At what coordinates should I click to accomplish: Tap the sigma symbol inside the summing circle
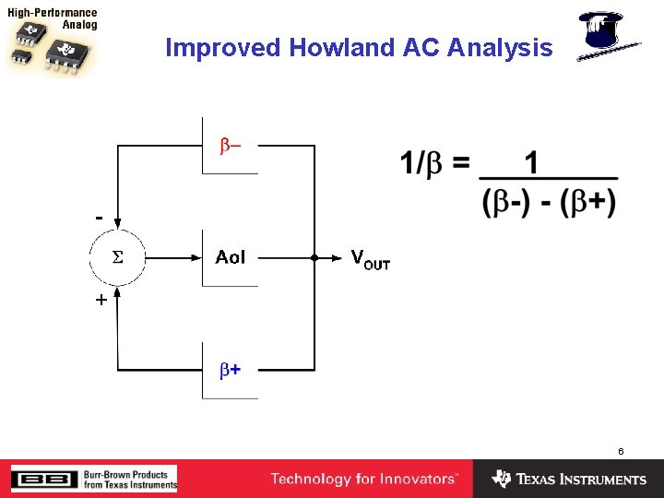(117, 258)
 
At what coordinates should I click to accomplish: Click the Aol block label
(231, 258)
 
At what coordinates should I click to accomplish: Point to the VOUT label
(370, 259)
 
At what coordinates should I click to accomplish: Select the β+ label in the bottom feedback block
(230, 370)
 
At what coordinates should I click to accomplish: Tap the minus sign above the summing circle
(99, 217)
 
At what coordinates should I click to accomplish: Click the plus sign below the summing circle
(100, 300)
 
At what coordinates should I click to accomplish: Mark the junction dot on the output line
(314, 258)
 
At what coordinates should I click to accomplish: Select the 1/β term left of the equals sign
(423, 164)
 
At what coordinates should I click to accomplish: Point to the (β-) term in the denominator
(506, 201)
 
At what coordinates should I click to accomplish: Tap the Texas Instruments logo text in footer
(580, 480)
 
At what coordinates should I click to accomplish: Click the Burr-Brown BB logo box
(44, 479)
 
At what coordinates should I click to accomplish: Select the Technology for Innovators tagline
(363, 479)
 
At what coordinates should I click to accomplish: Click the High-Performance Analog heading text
(53, 19)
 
